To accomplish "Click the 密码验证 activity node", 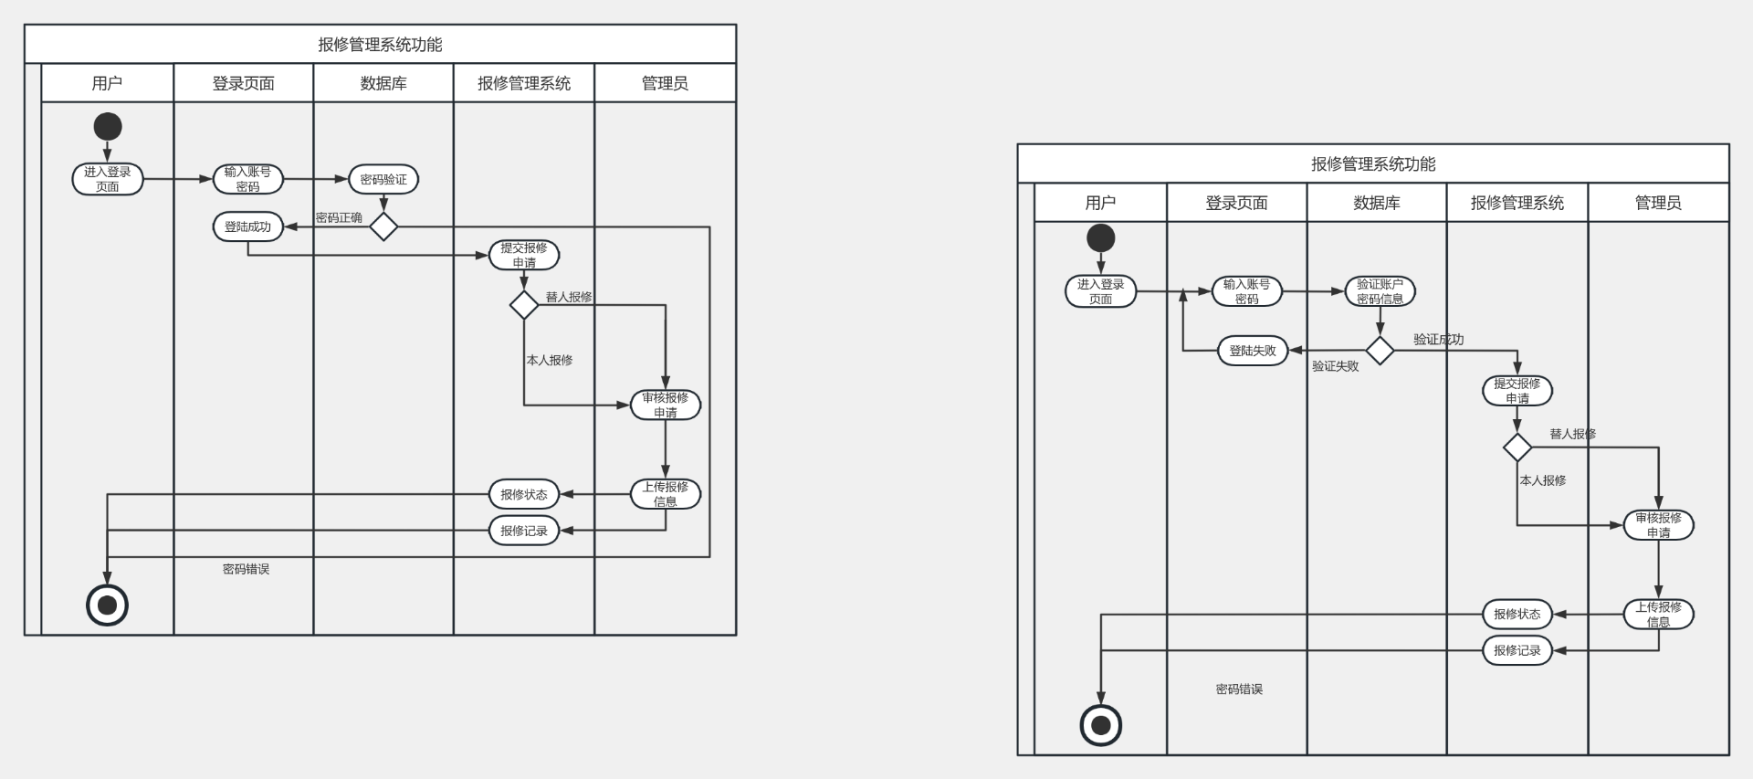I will coord(383,179).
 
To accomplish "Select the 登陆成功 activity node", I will coord(247,226).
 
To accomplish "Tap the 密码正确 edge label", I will coord(339,217).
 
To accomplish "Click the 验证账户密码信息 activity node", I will coord(1380,291).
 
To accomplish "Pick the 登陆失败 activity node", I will coord(1253,351).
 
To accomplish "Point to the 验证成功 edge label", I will coord(1438,339).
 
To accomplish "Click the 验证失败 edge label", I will coord(1335,366).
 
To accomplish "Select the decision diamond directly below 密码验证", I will coord(383,226).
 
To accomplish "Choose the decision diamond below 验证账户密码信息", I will coord(1380,351).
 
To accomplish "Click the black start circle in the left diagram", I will coord(108,126).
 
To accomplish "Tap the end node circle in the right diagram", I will coord(1101,725).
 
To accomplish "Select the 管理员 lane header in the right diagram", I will coord(1658,203).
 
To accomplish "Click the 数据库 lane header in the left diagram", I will coord(383,83).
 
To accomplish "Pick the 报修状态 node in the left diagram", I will coord(524,494).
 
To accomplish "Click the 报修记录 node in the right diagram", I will coord(1517,650).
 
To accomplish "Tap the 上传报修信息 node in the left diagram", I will coord(666,494).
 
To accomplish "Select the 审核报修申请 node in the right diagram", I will coord(1658,525).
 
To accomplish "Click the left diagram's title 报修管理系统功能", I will coord(380,45).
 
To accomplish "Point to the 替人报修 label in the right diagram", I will coord(1572,434).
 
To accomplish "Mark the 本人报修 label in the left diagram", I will coord(550,360).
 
